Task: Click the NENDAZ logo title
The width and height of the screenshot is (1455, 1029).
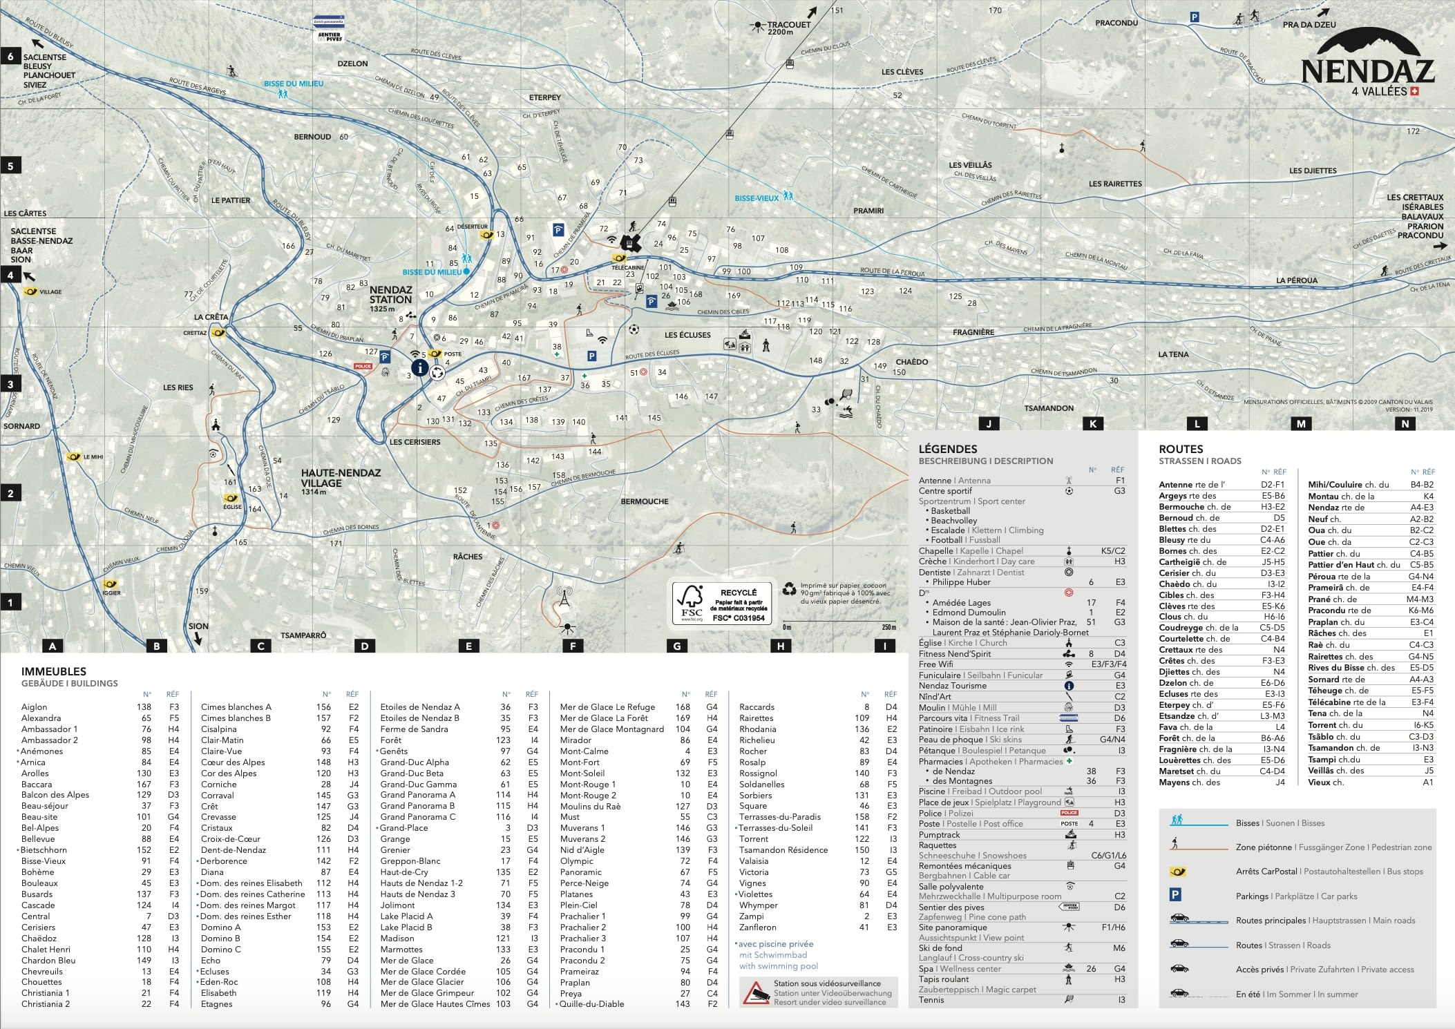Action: tap(1367, 70)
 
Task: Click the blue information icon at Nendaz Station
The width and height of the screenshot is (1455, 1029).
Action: tap(419, 367)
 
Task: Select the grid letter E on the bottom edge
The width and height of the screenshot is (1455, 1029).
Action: tap(468, 646)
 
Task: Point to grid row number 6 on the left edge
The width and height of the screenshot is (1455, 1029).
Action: tap(10, 56)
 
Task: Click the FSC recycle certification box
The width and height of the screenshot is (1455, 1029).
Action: tap(722, 603)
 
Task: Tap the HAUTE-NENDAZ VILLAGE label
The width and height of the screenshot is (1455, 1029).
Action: tap(341, 478)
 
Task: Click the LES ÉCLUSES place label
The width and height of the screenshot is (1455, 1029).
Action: tap(687, 335)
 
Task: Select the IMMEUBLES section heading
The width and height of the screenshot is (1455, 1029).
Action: tap(54, 671)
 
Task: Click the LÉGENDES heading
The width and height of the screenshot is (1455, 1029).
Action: tap(947, 450)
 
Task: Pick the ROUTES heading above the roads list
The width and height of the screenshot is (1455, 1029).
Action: tap(1181, 450)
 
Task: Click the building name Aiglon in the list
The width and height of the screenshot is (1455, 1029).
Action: tap(35, 707)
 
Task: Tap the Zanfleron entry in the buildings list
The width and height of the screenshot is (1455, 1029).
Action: tap(757, 927)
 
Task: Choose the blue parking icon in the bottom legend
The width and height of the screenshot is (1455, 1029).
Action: tap(1175, 895)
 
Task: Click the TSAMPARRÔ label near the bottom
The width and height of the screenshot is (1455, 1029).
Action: tap(303, 635)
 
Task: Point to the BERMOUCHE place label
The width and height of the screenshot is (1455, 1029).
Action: tap(644, 501)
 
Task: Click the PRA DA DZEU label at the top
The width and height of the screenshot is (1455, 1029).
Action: tap(1309, 25)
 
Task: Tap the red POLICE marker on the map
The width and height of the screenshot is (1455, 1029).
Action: tap(363, 367)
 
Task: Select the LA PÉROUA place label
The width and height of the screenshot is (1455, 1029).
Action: tap(1297, 280)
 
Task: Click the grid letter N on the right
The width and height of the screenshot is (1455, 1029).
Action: tap(1405, 424)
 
